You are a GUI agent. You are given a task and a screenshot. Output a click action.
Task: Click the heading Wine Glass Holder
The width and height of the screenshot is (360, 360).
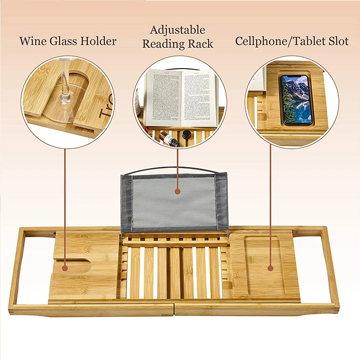point(68,41)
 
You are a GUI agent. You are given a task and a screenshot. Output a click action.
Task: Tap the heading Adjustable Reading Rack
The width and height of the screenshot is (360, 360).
point(178,37)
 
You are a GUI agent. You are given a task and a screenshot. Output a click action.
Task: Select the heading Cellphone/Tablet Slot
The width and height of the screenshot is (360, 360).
point(292,41)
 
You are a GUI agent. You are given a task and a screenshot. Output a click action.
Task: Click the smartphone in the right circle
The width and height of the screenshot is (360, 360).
point(296,99)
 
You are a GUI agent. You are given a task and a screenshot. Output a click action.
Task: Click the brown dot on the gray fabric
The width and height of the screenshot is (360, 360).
point(178,191)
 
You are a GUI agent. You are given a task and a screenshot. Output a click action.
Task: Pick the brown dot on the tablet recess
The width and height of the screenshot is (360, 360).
point(270,268)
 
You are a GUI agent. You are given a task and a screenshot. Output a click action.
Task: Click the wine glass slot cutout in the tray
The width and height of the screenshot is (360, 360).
point(79,265)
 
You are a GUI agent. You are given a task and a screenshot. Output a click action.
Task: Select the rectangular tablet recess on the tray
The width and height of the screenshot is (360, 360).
point(263,266)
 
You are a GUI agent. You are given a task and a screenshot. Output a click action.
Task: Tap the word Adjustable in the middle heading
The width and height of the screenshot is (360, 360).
point(178,30)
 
